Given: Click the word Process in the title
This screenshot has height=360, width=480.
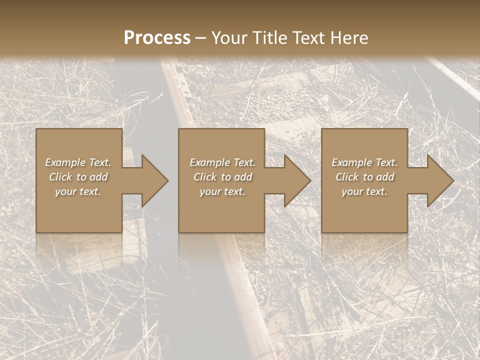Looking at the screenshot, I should click(x=157, y=38).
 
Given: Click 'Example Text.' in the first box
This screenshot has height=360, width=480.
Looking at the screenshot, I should click(x=78, y=162).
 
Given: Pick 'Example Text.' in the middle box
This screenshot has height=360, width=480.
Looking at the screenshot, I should click(x=222, y=162).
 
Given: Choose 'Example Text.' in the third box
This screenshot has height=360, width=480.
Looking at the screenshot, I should click(x=364, y=162).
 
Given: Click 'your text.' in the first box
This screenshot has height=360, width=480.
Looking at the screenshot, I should click(x=78, y=191).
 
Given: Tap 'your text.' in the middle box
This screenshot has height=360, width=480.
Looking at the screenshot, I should click(x=222, y=191).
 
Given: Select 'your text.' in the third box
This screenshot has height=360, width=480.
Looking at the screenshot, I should click(x=364, y=191).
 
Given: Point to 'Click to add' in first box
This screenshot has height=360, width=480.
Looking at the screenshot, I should click(x=78, y=177).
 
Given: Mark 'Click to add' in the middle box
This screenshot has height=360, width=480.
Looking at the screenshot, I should click(x=222, y=177).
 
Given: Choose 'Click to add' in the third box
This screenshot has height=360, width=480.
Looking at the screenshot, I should click(x=364, y=177).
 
